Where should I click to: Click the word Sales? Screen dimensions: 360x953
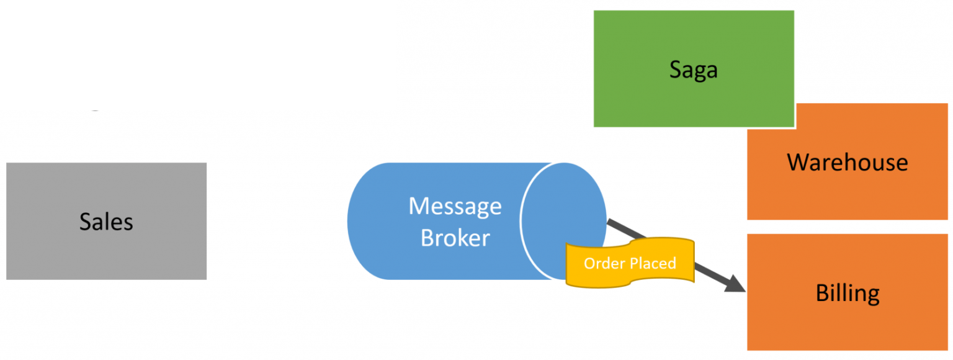[x=106, y=222]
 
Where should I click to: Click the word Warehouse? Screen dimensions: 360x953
[x=848, y=163]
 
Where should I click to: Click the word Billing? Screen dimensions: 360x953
[x=848, y=293]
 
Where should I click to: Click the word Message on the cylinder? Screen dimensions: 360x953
[x=455, y=205]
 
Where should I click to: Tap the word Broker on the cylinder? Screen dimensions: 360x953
[x=455, y=238]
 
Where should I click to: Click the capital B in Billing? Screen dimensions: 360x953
[x=822, y=292]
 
